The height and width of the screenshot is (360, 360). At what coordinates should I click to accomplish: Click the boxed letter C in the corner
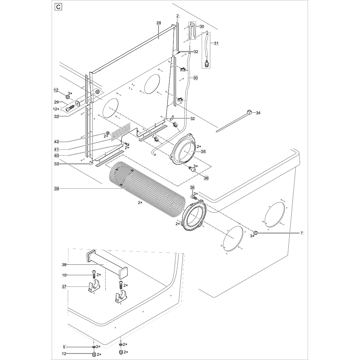pos(58,7)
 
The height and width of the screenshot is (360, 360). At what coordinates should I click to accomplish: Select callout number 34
pos(258,113)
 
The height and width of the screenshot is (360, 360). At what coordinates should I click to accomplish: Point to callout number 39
pos(56,188)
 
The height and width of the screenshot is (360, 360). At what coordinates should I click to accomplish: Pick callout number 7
pos(302,233)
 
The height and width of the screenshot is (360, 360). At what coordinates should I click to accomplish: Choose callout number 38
pos(64,265)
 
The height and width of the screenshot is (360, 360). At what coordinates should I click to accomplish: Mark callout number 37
pos(64,287)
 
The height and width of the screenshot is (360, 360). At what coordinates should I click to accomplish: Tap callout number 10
pos(64,275)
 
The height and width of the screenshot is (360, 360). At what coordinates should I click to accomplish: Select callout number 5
pos(64,347)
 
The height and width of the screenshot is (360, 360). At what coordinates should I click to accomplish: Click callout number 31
pos(216,43)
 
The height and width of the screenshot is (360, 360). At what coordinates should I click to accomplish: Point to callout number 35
pos(203,152)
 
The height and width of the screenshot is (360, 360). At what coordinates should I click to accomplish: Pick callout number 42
pos(56,141)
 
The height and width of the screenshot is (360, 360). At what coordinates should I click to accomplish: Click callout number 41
pos(56,149)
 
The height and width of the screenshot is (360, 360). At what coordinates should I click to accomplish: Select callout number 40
pos(56,155)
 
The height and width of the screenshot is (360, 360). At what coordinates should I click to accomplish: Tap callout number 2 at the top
pos(177,16)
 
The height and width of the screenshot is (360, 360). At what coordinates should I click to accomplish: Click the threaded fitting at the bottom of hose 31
pos(206,64)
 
